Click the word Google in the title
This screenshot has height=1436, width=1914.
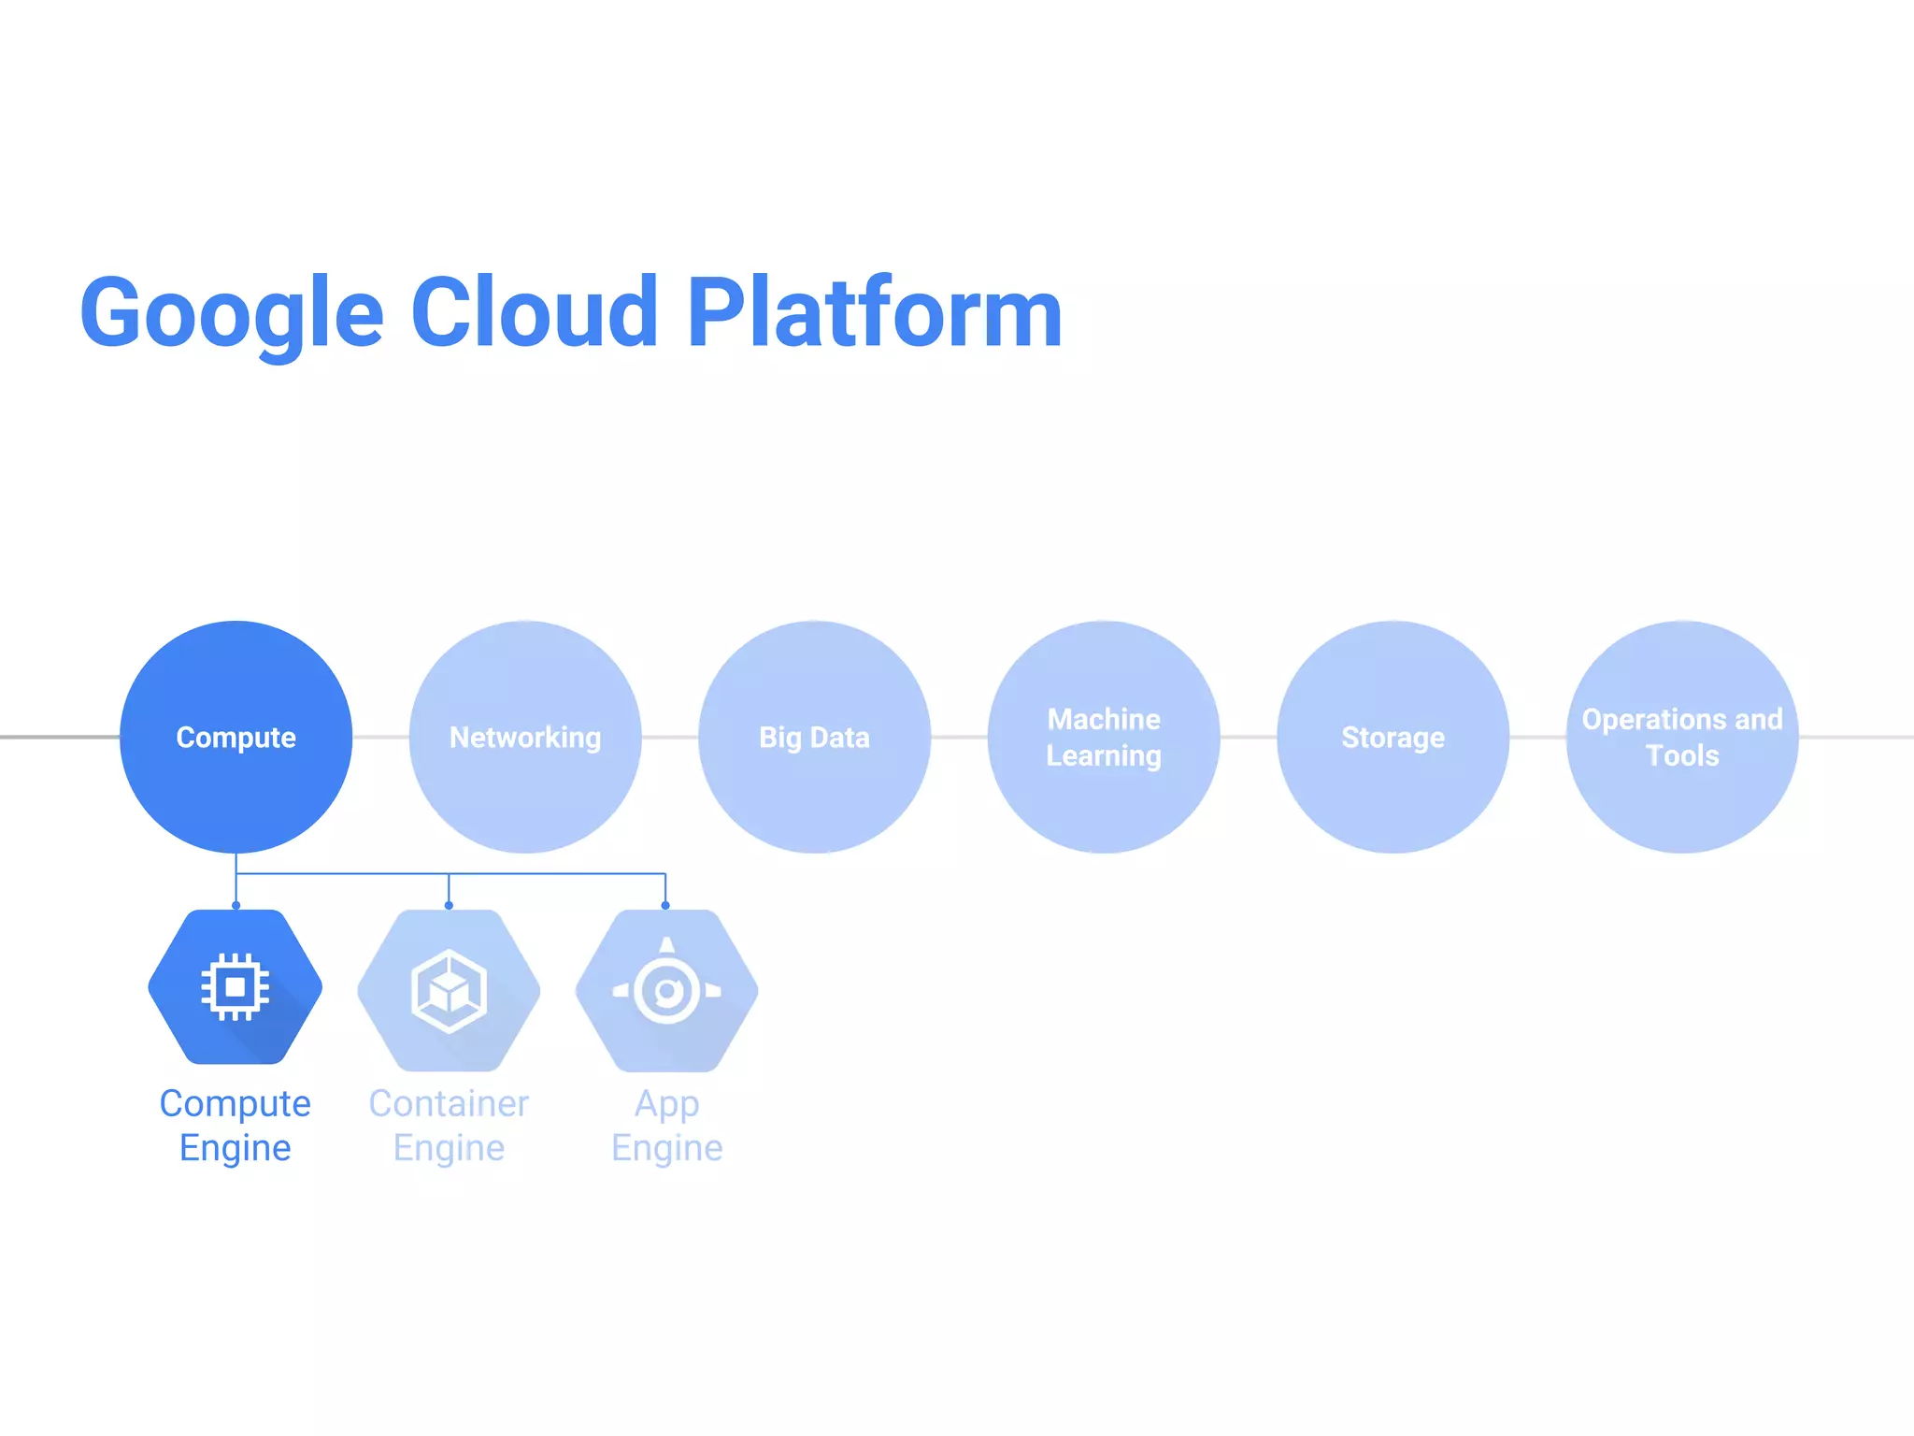tap(232, 313)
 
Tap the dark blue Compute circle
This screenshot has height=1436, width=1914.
tap(236, 737)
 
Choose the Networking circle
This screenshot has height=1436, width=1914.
tap(525, 737)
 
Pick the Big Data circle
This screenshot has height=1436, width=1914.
tap(814, 737)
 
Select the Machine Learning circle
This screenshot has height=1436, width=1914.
tap(1104, 737)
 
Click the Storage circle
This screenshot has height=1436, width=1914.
tap(1393, 737)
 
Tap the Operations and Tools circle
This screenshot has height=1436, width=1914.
tap(1682, 737)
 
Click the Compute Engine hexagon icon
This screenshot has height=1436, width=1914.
tap(236, 987)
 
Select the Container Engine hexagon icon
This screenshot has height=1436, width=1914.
tap(449, 990)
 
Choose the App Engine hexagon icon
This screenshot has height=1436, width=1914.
tap(666, 990)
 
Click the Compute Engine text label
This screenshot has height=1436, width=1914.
tap(236, 1126)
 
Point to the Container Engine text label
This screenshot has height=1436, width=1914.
tap(449, 1126)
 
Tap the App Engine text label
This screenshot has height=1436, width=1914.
tap(666, 1126)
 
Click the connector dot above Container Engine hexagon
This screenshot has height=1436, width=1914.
tap(449, 905)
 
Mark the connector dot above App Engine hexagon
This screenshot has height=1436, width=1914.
tap(665, 905)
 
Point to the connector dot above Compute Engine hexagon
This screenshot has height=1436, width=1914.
tap(236, 905)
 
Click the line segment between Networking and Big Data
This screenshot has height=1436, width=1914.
tap(669, 737)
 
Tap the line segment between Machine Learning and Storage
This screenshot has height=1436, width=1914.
tap(1249, 737)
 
